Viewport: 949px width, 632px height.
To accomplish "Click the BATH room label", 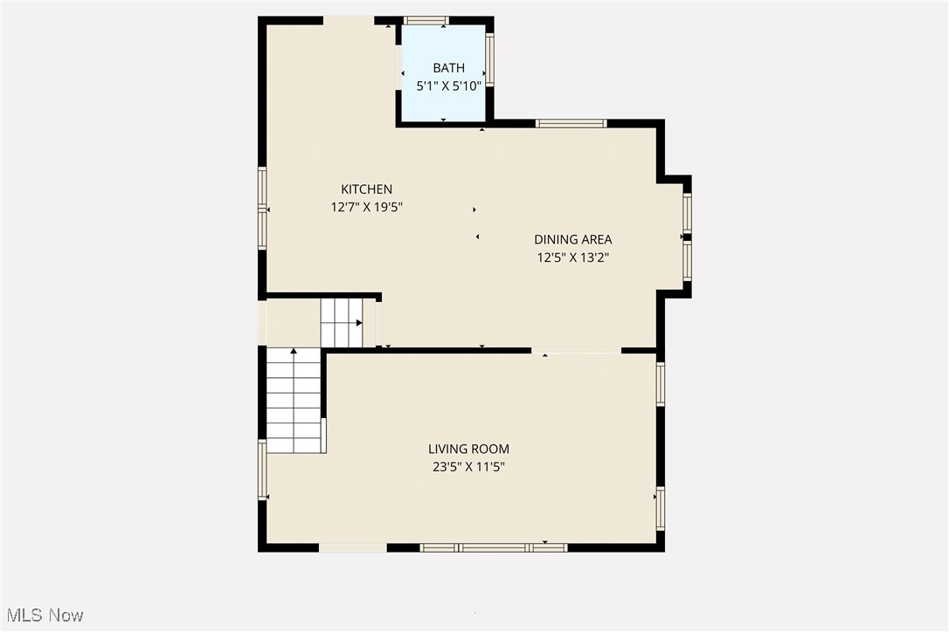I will pyautogui.click(x=448, y=68).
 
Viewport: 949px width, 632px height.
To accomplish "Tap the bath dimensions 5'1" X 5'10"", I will pyautogui.click(x=448, y=86).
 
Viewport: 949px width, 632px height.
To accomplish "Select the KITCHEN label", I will pyautogui.click(x=366, y=189).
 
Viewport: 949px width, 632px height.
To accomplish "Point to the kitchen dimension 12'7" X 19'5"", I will pyautogui.click(x=366, y=207).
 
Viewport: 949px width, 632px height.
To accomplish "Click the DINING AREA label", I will pyautogui.click(x=572, y=239).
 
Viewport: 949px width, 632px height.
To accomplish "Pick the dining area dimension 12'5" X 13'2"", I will pyautogui.click(x=572, y=258).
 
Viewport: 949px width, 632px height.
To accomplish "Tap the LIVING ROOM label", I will pyautogui.click(x=468, y=449).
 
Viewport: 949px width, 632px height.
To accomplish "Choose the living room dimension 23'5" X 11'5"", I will pyautogui.click(x=468, y=467).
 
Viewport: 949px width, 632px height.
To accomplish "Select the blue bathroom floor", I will pyautogui.click(x=444, y=103).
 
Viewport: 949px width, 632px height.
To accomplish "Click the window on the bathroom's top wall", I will pyautogui.click(x=426, y=20).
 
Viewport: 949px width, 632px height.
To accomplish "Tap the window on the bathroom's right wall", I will pyautogui.click(x=489, y=58).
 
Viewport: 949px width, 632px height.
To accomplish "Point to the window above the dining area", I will pyautogui.click(x=571, y=123).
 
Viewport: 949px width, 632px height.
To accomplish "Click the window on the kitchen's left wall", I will pyautogui.click(x=262, y=208).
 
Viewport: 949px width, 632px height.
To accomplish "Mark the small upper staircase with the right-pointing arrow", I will pyautogui.click(x=342, y=322).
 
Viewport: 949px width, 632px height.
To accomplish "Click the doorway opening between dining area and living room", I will pyautogui.click(x=576, y=350).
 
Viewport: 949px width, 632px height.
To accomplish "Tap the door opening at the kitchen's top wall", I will pyautogui.click(x=349, y=20).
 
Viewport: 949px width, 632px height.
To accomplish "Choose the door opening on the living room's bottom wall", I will pyautogui.click(x=352, y=547).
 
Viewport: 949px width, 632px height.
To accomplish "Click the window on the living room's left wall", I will pyautogui.click(x=262, y=470).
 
